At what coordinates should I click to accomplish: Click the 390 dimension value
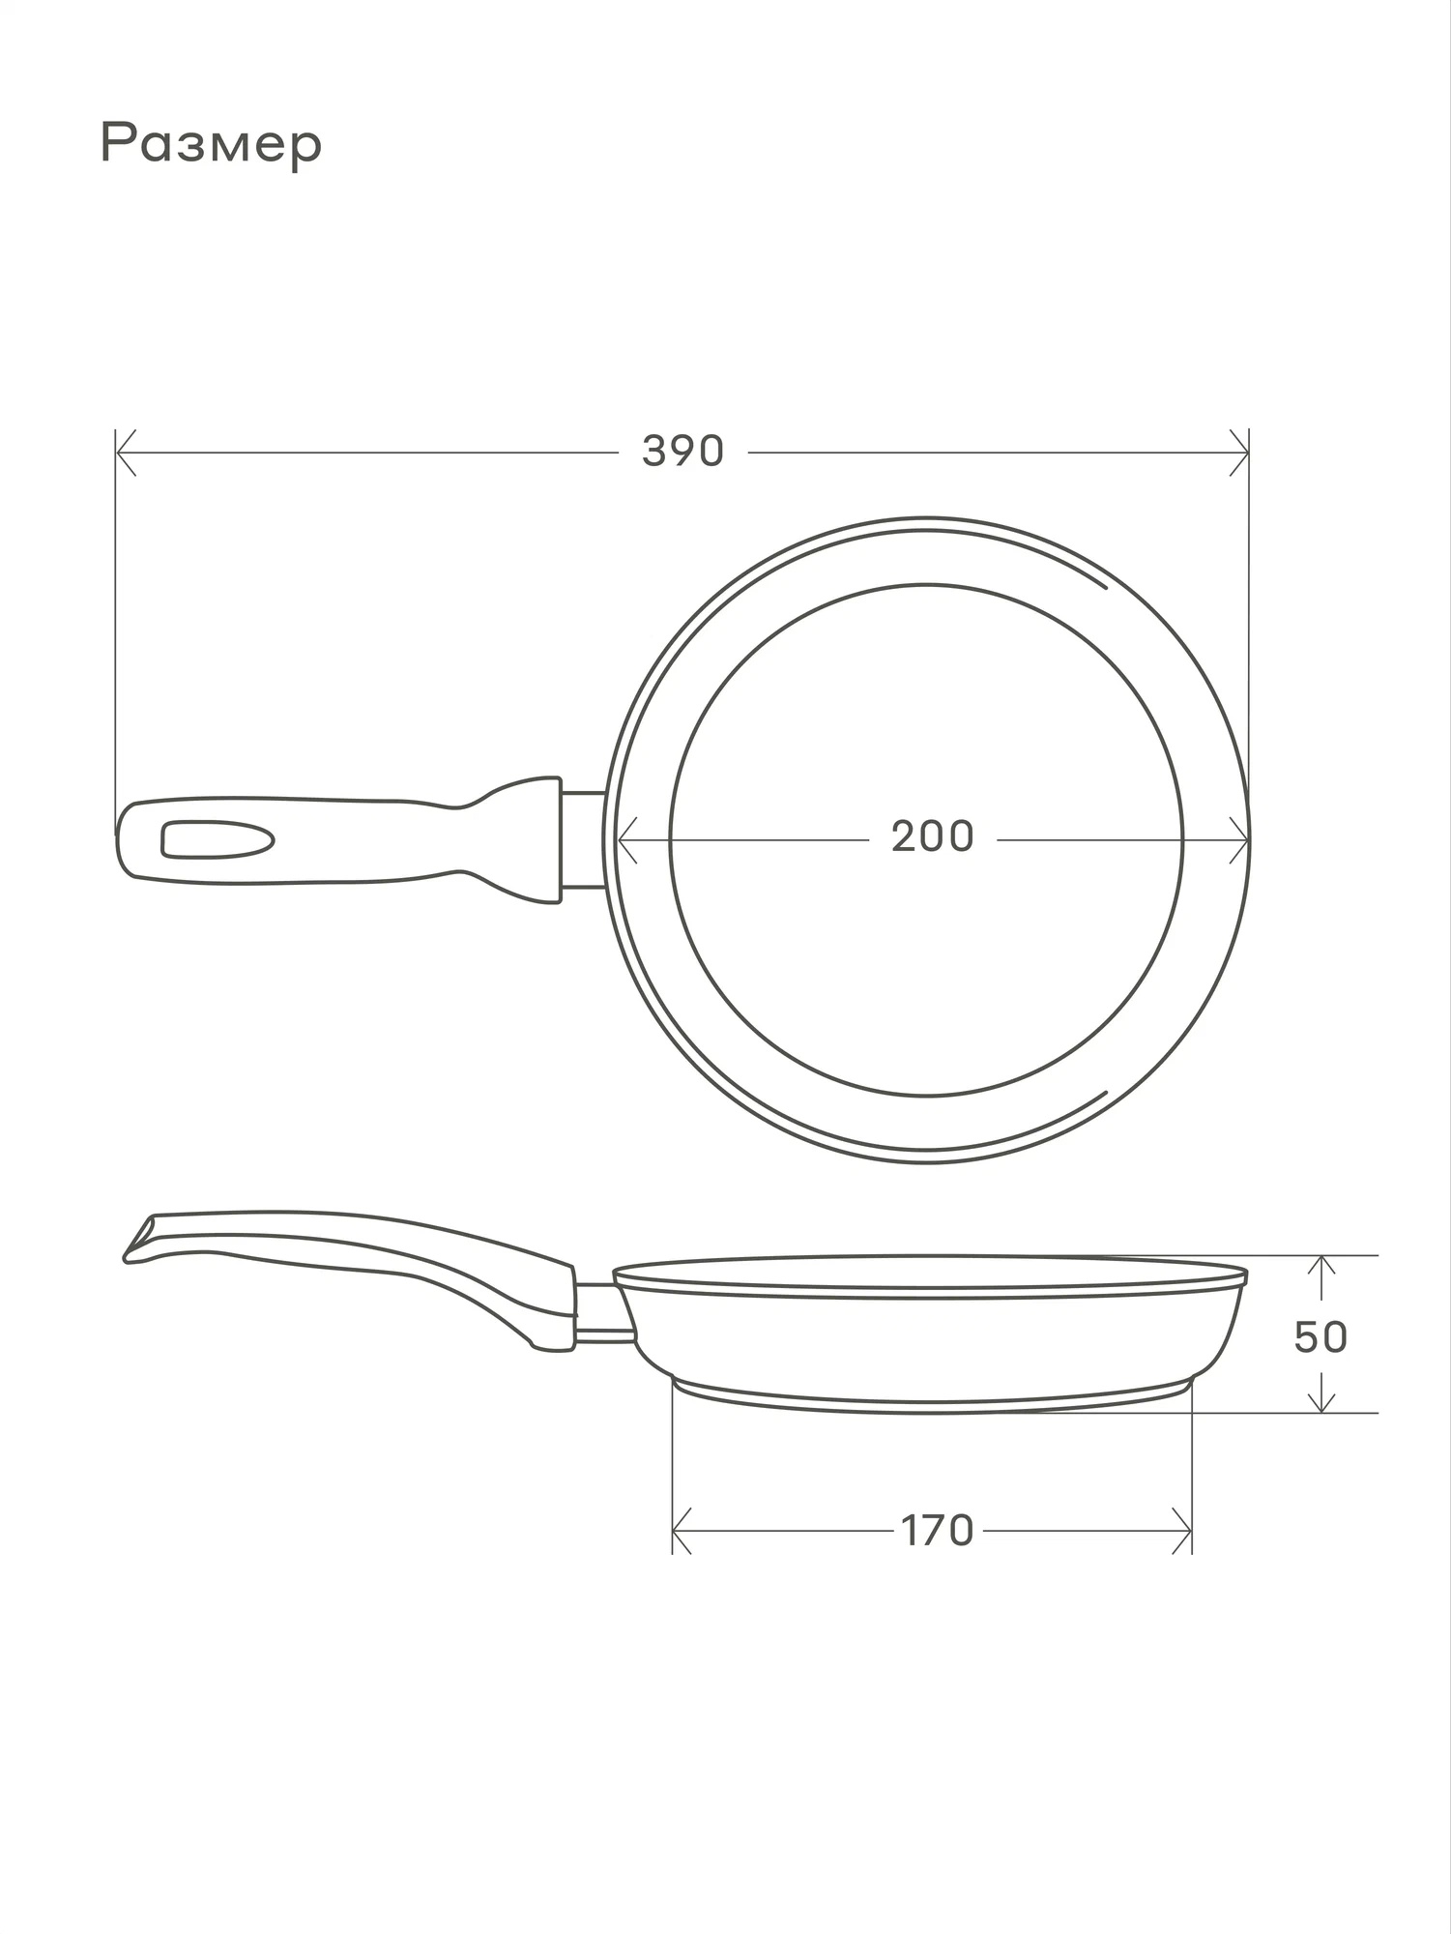(682, 452)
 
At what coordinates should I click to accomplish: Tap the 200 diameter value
(932, 837)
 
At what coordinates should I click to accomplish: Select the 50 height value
(1320, 1337)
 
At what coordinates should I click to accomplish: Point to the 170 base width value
(937, 1531)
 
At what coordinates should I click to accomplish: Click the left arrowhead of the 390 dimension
(126, 453)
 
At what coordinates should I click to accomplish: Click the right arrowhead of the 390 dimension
(1238, 453)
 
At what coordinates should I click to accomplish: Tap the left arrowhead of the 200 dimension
(627, 840)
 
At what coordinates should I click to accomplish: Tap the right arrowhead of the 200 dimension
(1238, 840)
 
